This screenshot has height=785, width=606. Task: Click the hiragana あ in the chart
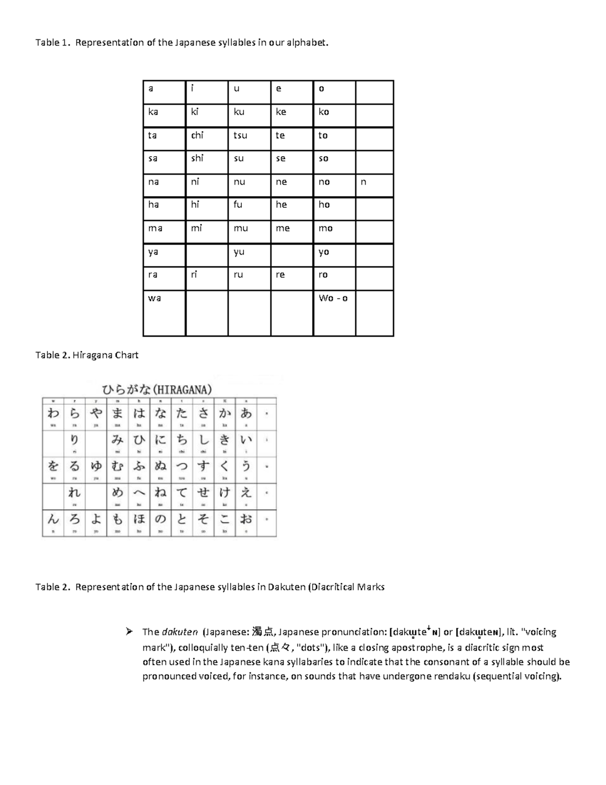tap(246, 413)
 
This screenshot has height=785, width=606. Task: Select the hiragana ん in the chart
tap(53, 519)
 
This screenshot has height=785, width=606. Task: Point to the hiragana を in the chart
tap(53, 466)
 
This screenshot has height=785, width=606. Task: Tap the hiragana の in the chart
tap(160, 519)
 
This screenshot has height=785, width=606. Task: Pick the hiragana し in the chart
tap(203, 440)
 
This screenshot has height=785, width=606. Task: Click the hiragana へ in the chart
tap(139, 492)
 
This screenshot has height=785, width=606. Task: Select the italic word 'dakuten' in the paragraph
tap(180, 632)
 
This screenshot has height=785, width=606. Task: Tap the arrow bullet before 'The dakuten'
tap(129, 631)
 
